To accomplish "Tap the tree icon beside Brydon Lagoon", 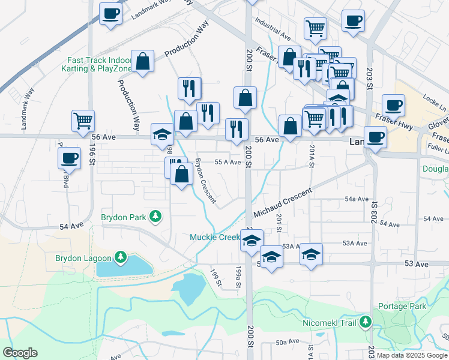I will click(121, 258).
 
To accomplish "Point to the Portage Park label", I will click(402, 306).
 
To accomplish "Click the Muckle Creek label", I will click(215, 237).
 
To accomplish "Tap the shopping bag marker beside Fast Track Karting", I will click(143, 62).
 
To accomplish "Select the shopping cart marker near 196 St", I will click(83, 120).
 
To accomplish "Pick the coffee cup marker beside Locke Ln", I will click(394, 105).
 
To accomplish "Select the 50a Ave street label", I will click(288, 341).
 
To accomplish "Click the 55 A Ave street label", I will click(228, 163).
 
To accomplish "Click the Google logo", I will click(20, 353).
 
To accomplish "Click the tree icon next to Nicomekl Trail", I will click(365, 323).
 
